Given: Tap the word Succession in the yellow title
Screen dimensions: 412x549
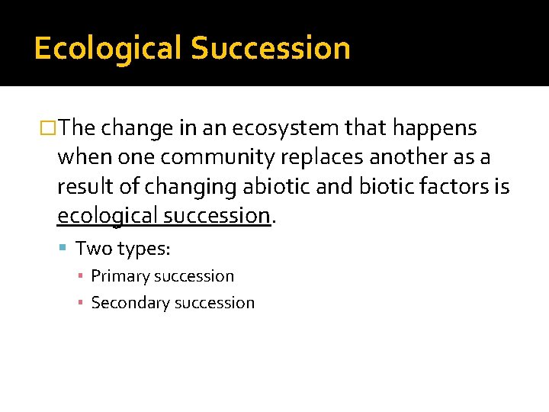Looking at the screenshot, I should (x=271, y=48).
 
